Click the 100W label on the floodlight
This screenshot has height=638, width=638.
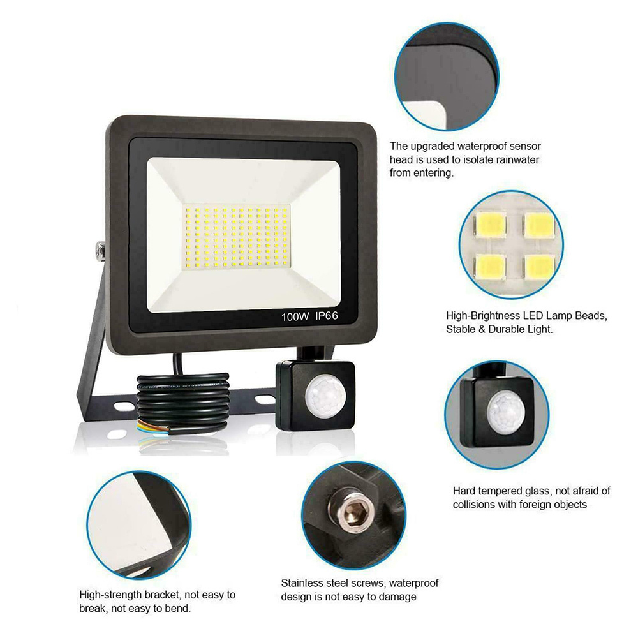295,316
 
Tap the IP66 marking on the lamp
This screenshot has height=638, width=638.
326,316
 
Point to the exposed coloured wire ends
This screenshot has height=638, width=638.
151,427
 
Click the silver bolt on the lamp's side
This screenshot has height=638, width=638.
100,251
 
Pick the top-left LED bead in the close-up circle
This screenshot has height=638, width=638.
491,224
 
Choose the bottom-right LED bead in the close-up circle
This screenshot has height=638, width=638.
540,267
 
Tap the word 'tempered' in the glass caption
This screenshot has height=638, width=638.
501,491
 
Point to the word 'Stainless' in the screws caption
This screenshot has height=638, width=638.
302,583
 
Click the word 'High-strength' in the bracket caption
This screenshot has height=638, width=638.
110,595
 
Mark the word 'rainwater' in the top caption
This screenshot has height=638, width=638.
516,159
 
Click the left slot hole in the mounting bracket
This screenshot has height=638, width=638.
124,406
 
